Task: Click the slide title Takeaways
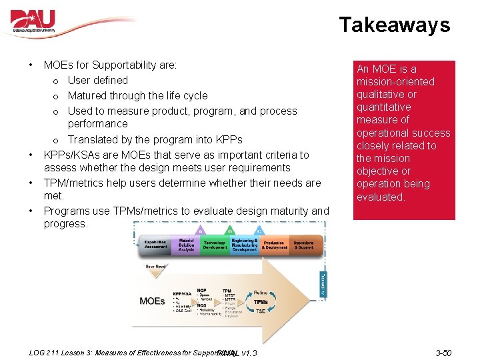click(394, 25)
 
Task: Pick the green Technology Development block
click(215, 245)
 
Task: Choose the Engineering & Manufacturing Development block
click(244, 245)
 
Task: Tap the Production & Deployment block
click(274, 246)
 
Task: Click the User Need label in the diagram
click(156, 267)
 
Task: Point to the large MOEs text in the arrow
click(152, 301)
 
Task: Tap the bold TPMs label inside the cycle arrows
click(261, 302)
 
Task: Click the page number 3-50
click(443, 353)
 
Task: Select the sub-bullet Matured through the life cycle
click(137, 96)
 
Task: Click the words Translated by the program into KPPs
click(155, 140)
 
